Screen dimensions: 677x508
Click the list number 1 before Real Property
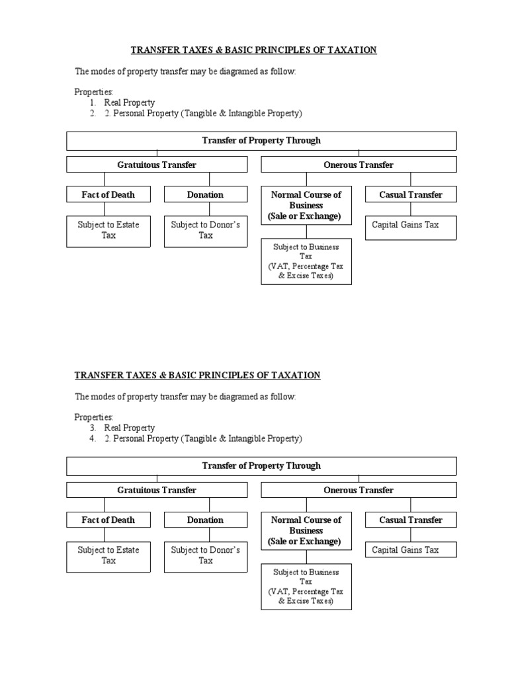pyautogui.click(x=93, y=103)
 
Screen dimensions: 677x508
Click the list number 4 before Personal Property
pyautogui.click(x=93, y=439)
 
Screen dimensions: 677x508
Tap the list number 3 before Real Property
pyautogui.click(x=93, y=428)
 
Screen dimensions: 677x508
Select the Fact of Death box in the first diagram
pyautogui.click(x=108, y=194)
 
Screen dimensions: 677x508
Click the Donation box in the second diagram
pyautogui.click(x=205, y=520)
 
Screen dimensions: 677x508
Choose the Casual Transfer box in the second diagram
pyautogui.click(x=410, y=520)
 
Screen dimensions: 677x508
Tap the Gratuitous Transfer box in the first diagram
pyautogui.click(x=157, y=165)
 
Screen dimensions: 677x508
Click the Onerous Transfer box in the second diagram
pyautogui.click(x=359, y=490)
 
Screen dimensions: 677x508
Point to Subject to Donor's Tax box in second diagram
pyautogui.click(x=205, y=556)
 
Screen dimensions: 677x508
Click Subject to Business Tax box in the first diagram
pyautogui.click(x=306, y=261)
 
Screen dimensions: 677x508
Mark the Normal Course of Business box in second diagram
pyautogui.click(x=306, y=530)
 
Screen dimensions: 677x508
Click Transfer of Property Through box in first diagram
pyautogui.click(x=261, y=140)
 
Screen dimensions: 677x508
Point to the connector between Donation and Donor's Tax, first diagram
pyautogui.click(x=206, y=209)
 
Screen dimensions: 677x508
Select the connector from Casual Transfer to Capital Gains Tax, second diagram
pyautogui.click(x=411, y=534)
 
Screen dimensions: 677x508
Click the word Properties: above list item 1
pyautogui.click(x=94, y=92)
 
